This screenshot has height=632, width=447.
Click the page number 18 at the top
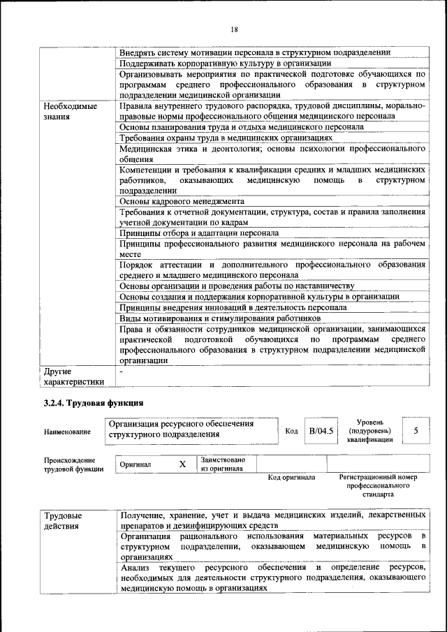click(x=234, y=29)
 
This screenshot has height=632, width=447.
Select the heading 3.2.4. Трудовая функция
click(x=94, y=403)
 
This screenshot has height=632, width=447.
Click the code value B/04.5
click(x=322, y=431)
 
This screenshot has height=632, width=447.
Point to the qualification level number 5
click(x=416, y=431)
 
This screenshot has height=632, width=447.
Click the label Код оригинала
click(x=291, y=478)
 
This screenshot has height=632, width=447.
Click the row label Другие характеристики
click(x=74, y=376)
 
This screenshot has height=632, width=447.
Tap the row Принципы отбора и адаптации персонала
click(x=199, y=233)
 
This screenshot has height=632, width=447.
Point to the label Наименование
click(x=67, y=432)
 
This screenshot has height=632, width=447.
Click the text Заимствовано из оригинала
click(x=223, y=464)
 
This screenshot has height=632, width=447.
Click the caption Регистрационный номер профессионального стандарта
click(x=378, y=485)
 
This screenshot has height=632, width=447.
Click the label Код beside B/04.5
click(x=292, y=431)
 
